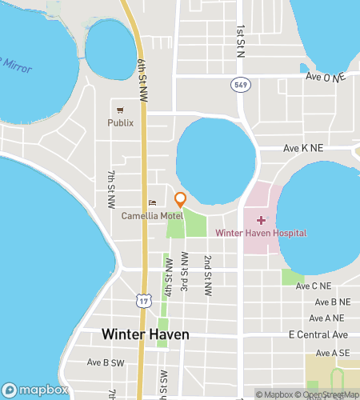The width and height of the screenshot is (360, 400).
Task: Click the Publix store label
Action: click(x=121, y=123)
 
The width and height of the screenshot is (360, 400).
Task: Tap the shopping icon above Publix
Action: click(x=120, y=110)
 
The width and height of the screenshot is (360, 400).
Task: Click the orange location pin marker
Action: click(x=181, y=199)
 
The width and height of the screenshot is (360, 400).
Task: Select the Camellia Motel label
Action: click(x=152, y=216)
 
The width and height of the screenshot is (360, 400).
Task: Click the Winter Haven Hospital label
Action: click(x=261, y=233)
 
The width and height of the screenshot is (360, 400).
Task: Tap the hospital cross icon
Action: click(x=260, y=218)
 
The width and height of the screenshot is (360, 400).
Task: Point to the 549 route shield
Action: click(x=239, y=84)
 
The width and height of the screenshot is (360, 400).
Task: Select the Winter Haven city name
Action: click(x=145, y=334)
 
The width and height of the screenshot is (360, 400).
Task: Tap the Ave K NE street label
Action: click(x=303, y=149)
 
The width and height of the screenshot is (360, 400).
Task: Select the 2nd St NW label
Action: click(x=206, y=276)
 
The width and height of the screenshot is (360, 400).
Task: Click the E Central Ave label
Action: click(x=318, y=334)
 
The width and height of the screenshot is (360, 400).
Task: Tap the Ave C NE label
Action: click(x=313, y=286)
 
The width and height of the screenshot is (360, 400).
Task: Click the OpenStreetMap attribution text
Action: click(x=328, y=394)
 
